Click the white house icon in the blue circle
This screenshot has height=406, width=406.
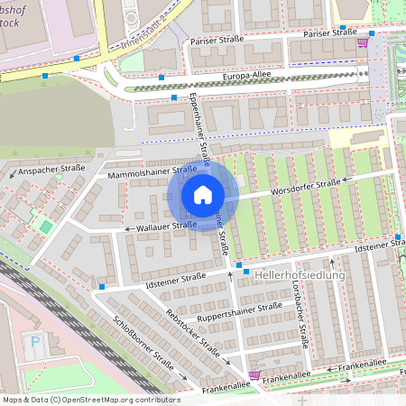[x=203, y=195]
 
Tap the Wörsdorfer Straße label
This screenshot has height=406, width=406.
[x=309, y=185]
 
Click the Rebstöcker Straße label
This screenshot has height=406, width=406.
[x=194, y=334]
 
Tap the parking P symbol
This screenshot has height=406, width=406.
[x=35, y=342]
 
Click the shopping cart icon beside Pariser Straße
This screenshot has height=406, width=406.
[x=362, y=42]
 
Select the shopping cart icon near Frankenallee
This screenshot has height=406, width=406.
[x=254, y=374]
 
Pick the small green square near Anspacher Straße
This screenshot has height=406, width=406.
[x=45, y=225]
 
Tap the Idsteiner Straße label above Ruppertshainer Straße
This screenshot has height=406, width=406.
[x=178, y=275]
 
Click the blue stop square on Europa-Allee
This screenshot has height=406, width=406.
[x=173, y=97]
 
